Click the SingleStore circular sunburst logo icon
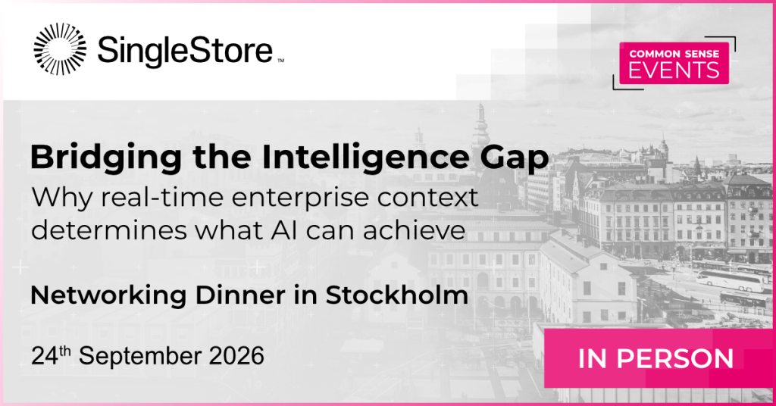pos(60,49)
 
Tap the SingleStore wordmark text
pos(185,50)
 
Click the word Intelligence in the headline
pos(365,158)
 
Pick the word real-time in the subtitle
pos(161,197)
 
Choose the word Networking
pos(108,296)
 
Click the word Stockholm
pos(396,295)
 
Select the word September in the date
pos(139,357)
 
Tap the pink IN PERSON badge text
pos(656,358)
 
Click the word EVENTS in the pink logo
pos(674,70)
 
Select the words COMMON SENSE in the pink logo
pos(674,54)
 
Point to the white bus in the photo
pos(730,280)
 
